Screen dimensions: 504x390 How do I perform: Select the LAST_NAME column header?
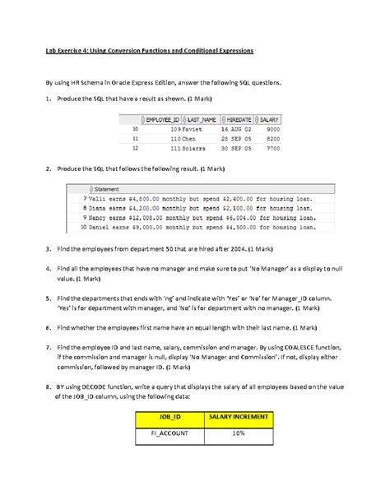click(x=202, y=120)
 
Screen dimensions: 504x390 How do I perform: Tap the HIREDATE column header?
click(x=239, y=120)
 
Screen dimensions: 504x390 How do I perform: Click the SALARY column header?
click(x=270, y=120)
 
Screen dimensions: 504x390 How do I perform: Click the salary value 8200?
click(x=273, y=140)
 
